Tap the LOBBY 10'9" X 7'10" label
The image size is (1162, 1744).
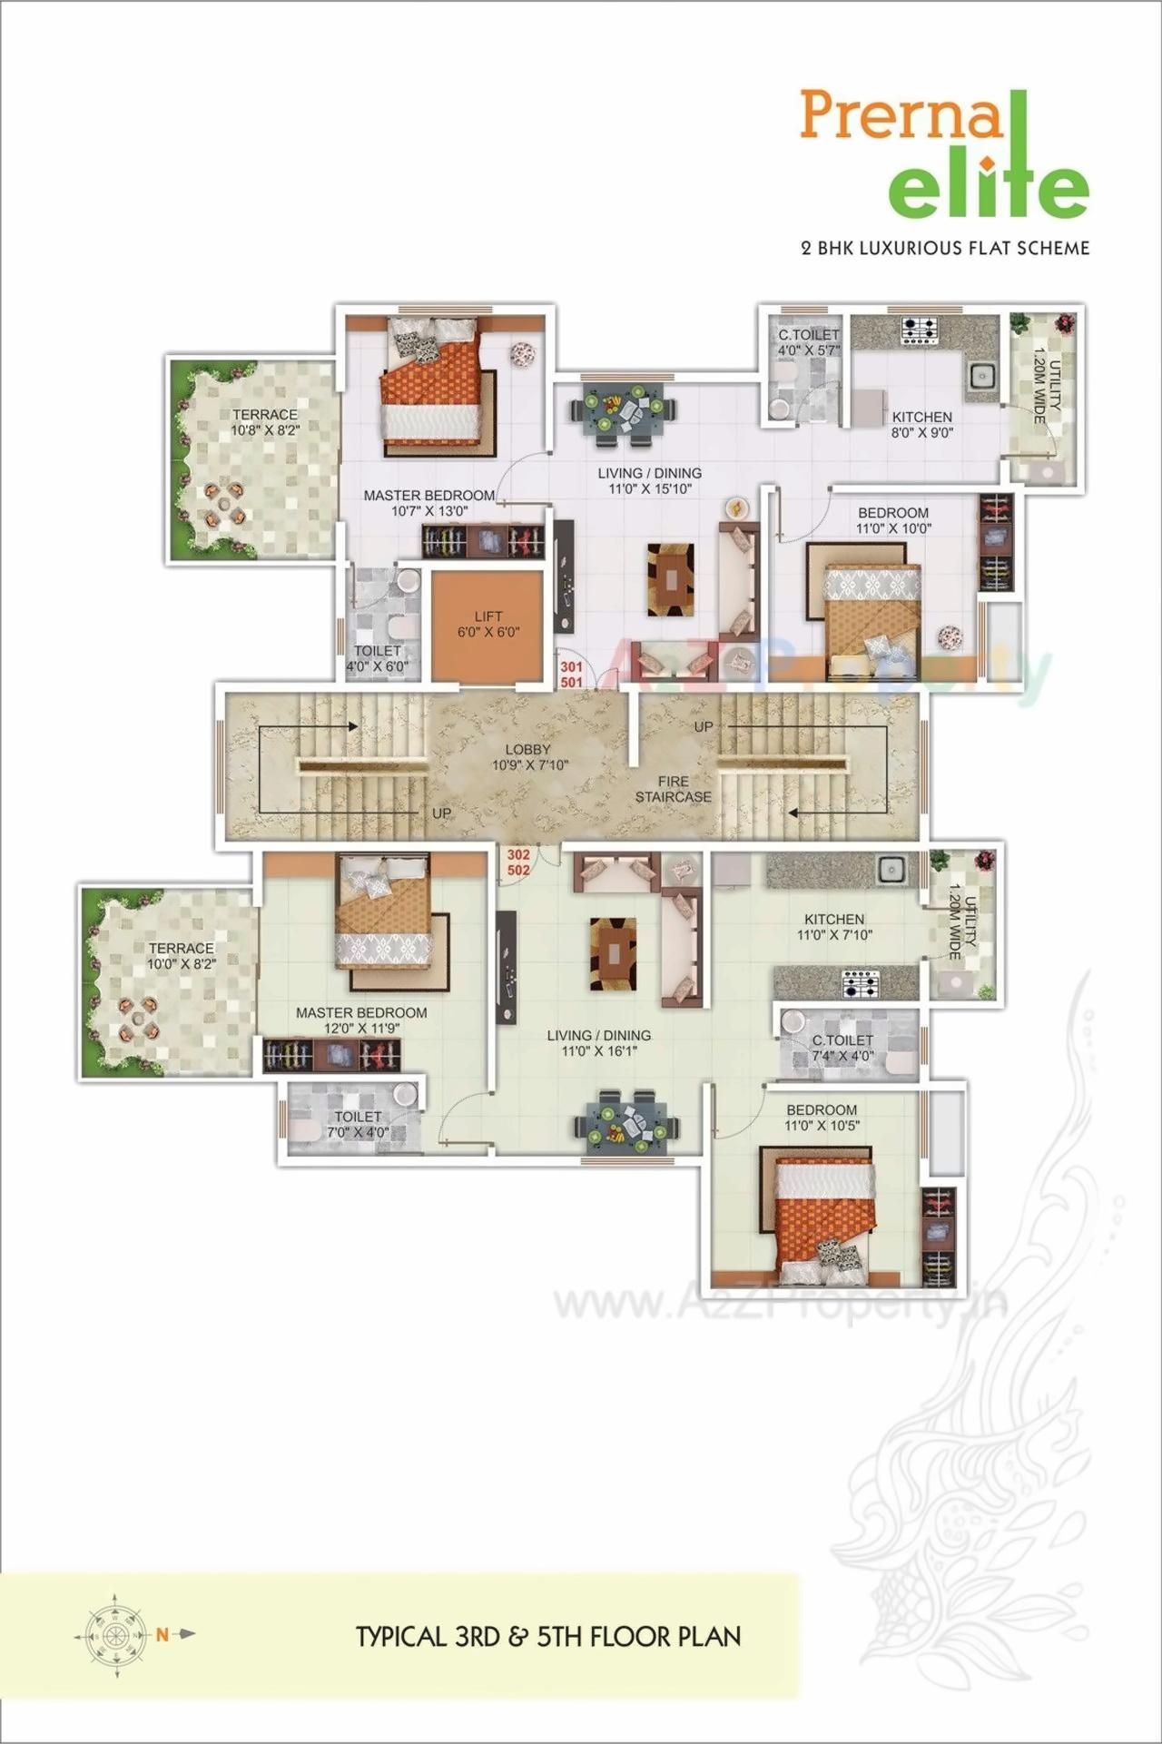click(x=529, y=757)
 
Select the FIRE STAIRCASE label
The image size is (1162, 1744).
click(x=673, y=789)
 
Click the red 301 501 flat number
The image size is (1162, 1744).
click(x=571, y=675)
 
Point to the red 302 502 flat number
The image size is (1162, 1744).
click(x=518, y=862)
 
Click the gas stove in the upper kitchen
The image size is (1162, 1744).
click(x=919, y=330)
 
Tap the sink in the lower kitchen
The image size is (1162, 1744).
click(x=891, y=870)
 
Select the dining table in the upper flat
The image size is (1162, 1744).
click(x=624, y=410)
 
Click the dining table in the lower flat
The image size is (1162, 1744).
click(x=625, y=1123)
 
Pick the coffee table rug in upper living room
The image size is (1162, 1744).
click(x=670, y=579)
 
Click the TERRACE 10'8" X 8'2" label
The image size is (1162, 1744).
click(x=264, y=422)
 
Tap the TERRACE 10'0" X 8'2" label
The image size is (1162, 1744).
click(x=182, y=955)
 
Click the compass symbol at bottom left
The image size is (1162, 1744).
click(x=115, y=1635)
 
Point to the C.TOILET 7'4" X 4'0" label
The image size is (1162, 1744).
click(x=842, y=1048)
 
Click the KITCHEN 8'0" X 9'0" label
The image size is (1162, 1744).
click(x=921, y=425)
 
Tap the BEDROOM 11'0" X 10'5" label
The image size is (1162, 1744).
click(x=822, y=1118)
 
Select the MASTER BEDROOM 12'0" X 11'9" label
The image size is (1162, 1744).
click(x=361, y=1020)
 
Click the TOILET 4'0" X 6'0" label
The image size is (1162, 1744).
click(x=377, y=658)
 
